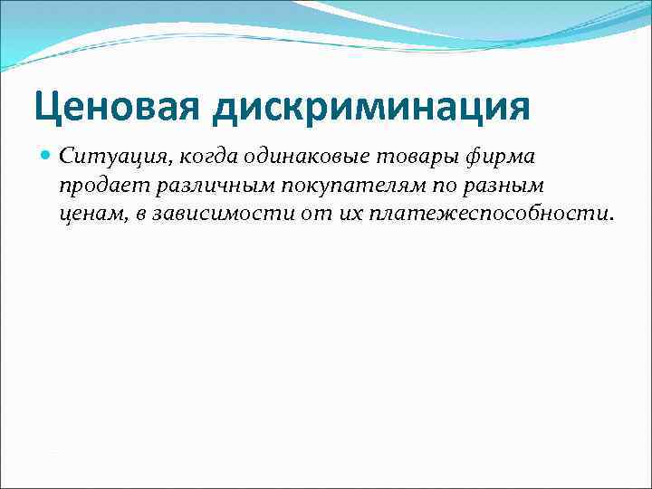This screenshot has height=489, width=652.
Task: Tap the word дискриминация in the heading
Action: pos(370,106)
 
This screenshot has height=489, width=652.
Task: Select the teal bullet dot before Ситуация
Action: pos(47,157)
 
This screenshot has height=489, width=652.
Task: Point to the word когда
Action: pos(183,158)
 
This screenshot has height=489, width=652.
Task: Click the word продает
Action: pos(97,187)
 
